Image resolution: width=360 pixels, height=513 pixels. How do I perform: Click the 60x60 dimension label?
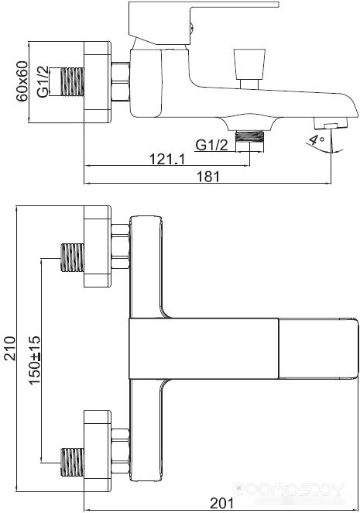point(22,81)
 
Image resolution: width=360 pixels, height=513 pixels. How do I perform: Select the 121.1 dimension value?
point(167,159)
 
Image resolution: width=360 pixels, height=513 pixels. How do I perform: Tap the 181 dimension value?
point(208,177)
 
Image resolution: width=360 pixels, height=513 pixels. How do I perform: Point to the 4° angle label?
point(316,139)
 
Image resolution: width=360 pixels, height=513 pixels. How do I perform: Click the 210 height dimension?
point(10,348)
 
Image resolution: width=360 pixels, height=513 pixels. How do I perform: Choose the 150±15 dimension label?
point(35,360)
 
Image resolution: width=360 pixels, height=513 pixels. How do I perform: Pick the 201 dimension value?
point(222,503)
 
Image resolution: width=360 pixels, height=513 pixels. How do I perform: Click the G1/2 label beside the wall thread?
point(43,82)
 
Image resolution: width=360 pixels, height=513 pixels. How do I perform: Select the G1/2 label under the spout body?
point(211,145)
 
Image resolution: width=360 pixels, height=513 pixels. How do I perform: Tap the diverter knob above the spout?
point(249,69)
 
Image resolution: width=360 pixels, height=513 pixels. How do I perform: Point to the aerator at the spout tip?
point(331,124)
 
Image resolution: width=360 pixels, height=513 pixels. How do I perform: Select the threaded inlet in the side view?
point(72,82)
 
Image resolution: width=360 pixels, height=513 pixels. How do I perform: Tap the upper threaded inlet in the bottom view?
point(73,257)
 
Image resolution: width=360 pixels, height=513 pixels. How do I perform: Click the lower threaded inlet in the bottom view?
point(73,462)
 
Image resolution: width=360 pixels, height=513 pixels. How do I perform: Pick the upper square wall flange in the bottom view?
point(98,246)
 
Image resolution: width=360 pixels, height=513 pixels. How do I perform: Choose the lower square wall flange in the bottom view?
point(98,451)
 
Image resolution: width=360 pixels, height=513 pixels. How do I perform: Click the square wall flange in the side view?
point(98,82)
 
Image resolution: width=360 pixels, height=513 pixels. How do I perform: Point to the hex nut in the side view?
point(120,81)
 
